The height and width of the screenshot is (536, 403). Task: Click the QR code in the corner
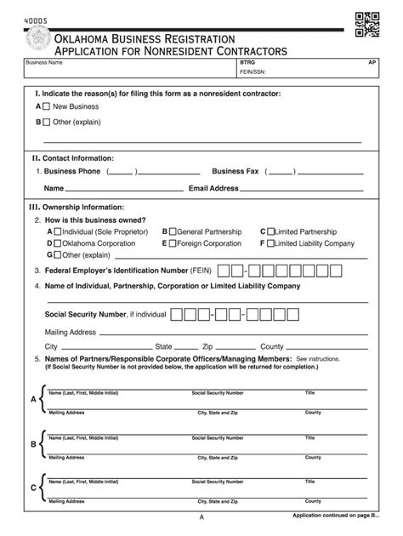[366, 26]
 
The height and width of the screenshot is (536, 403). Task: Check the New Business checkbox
[47, 107]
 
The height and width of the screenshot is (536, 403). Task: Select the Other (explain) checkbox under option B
[47, 122]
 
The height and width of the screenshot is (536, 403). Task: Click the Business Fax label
[236, 171]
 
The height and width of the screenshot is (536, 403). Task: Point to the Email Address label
[213, 188]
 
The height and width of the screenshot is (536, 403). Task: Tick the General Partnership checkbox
[172, 231]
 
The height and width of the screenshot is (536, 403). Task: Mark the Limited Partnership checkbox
[270, 231]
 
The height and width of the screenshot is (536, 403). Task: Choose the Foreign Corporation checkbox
[172, 243]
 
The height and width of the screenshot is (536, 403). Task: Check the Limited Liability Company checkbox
[270, 243]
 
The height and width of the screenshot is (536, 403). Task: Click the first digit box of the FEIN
[224, 271]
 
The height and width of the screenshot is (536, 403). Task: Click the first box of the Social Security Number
[178, 315]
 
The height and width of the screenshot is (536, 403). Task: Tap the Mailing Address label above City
[70, 332]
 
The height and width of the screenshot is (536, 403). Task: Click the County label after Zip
[271, 347]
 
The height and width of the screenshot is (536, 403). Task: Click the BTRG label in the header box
[247, 63]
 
